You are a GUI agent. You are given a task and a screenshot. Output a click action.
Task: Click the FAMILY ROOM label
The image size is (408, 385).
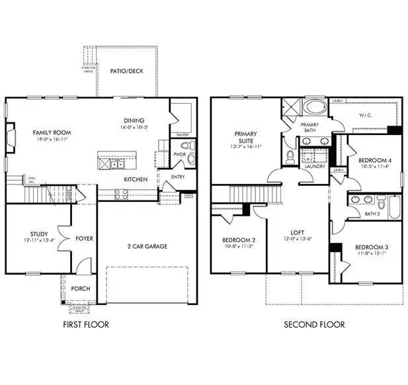click(52, 132)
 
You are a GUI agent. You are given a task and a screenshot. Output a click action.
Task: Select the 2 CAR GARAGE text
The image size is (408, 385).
click(147, 246)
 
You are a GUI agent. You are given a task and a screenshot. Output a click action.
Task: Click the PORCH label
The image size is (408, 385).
click(80, 288)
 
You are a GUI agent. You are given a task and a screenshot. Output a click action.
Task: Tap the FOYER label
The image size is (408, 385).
click(83, 238)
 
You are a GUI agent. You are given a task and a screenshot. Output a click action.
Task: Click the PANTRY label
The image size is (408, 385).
click(183, 134)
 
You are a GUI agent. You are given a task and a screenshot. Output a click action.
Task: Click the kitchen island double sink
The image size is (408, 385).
click(116, 161)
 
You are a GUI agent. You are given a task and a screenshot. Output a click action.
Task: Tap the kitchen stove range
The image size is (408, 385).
click(121, 194)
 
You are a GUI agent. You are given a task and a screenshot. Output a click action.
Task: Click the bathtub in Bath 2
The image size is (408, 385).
click(394, 209)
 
